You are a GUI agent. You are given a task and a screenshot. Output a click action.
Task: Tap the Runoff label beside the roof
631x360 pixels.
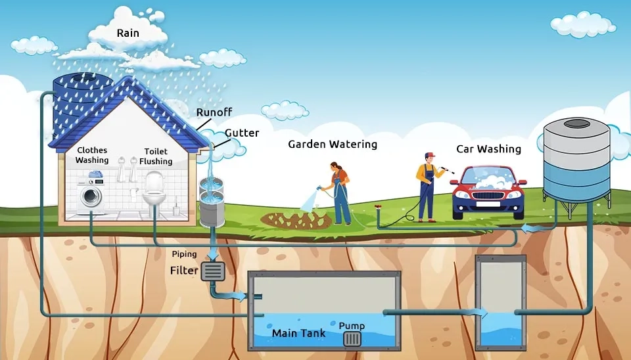(x=214, y=112)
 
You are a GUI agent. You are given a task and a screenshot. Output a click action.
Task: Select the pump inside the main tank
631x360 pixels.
(x=352, y=338)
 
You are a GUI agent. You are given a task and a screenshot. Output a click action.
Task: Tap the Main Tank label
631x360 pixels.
(x=298, y=333)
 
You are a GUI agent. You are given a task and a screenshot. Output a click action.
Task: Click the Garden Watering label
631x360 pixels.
(x=333, y=145)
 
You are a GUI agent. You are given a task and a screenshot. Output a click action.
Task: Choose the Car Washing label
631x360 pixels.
(x=490, y=149)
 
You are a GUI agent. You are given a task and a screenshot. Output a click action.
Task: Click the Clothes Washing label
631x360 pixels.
(x=92, y=155)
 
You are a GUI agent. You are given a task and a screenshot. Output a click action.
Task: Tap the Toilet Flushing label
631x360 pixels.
(x=156, y=156)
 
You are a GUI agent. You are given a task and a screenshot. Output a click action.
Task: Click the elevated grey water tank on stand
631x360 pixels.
(x=576, y=161)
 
